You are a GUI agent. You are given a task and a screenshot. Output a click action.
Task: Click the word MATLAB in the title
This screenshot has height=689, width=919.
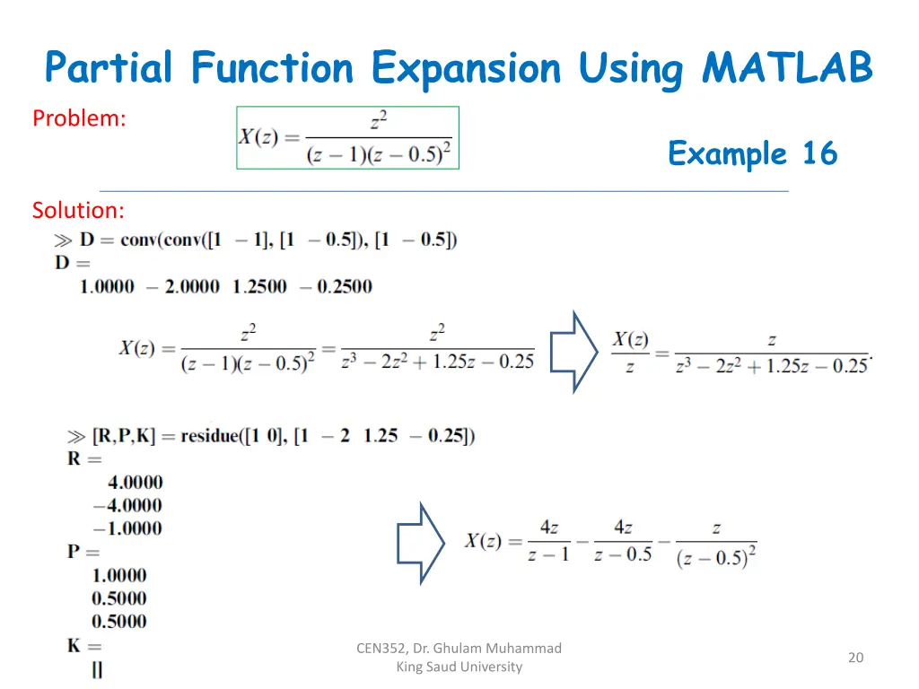pos(787,68)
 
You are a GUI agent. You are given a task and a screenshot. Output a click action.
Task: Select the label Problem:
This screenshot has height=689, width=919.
pos(79,118)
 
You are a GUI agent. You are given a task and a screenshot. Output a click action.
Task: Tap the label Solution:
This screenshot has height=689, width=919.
pos(78,210)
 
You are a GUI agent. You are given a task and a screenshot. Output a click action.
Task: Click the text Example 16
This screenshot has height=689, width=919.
pos(752,153)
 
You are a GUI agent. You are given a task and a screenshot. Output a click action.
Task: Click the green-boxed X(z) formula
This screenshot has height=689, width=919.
pos(347,137)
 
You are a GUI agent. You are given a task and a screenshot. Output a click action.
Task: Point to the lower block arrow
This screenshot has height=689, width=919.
pos(421,543)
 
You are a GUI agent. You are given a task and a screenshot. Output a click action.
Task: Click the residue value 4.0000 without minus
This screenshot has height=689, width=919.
pos(135,483)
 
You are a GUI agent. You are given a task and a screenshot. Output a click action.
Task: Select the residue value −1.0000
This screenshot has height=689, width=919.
pos(127,528)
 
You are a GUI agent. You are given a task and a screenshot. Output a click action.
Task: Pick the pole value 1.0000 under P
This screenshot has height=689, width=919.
pos(118,575)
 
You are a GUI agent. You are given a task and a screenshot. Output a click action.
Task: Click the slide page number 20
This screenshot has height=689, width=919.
pos(855,658)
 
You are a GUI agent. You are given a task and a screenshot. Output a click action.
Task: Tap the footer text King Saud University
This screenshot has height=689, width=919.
pos(459,667)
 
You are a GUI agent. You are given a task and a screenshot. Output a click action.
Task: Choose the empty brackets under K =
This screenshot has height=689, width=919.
pos(97,669)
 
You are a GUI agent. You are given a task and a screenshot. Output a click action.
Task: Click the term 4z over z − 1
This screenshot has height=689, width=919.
pos(548,541)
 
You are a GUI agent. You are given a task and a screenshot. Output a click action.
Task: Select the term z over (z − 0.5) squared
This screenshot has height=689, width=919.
pos(716,544)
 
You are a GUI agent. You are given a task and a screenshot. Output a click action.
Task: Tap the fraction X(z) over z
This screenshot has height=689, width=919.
pos(630,353)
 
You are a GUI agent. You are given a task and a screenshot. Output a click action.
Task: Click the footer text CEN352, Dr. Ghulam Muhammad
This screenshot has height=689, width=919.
pos(459,648)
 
